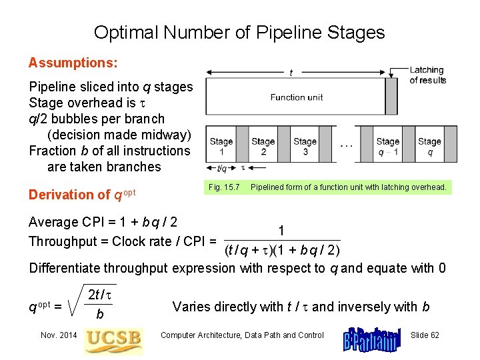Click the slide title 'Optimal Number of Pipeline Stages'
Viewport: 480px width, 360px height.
click(239, 32)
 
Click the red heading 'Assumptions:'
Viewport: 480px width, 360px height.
click(73, 63)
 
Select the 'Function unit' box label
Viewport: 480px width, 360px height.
click(297, 97)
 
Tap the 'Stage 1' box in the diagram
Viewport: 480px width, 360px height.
click(221, 146)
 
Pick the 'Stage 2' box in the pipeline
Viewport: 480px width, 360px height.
click(263, 146)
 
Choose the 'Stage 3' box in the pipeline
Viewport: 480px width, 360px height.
click(305, 146)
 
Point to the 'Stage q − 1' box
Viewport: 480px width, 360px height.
click(387, 146)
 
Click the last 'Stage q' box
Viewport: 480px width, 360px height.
click(429, 146)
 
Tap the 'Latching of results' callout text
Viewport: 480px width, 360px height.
click(427, 75)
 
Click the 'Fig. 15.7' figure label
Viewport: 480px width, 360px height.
click(224, 187)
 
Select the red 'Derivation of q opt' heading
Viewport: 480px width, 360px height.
click(82, 194)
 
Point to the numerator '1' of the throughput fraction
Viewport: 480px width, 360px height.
click(282, 231)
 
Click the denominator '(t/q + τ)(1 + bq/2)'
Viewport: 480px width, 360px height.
click(283, 250)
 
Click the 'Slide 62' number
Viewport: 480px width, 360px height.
click(425, 335)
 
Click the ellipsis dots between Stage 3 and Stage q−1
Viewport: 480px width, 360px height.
click(347, 145)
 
